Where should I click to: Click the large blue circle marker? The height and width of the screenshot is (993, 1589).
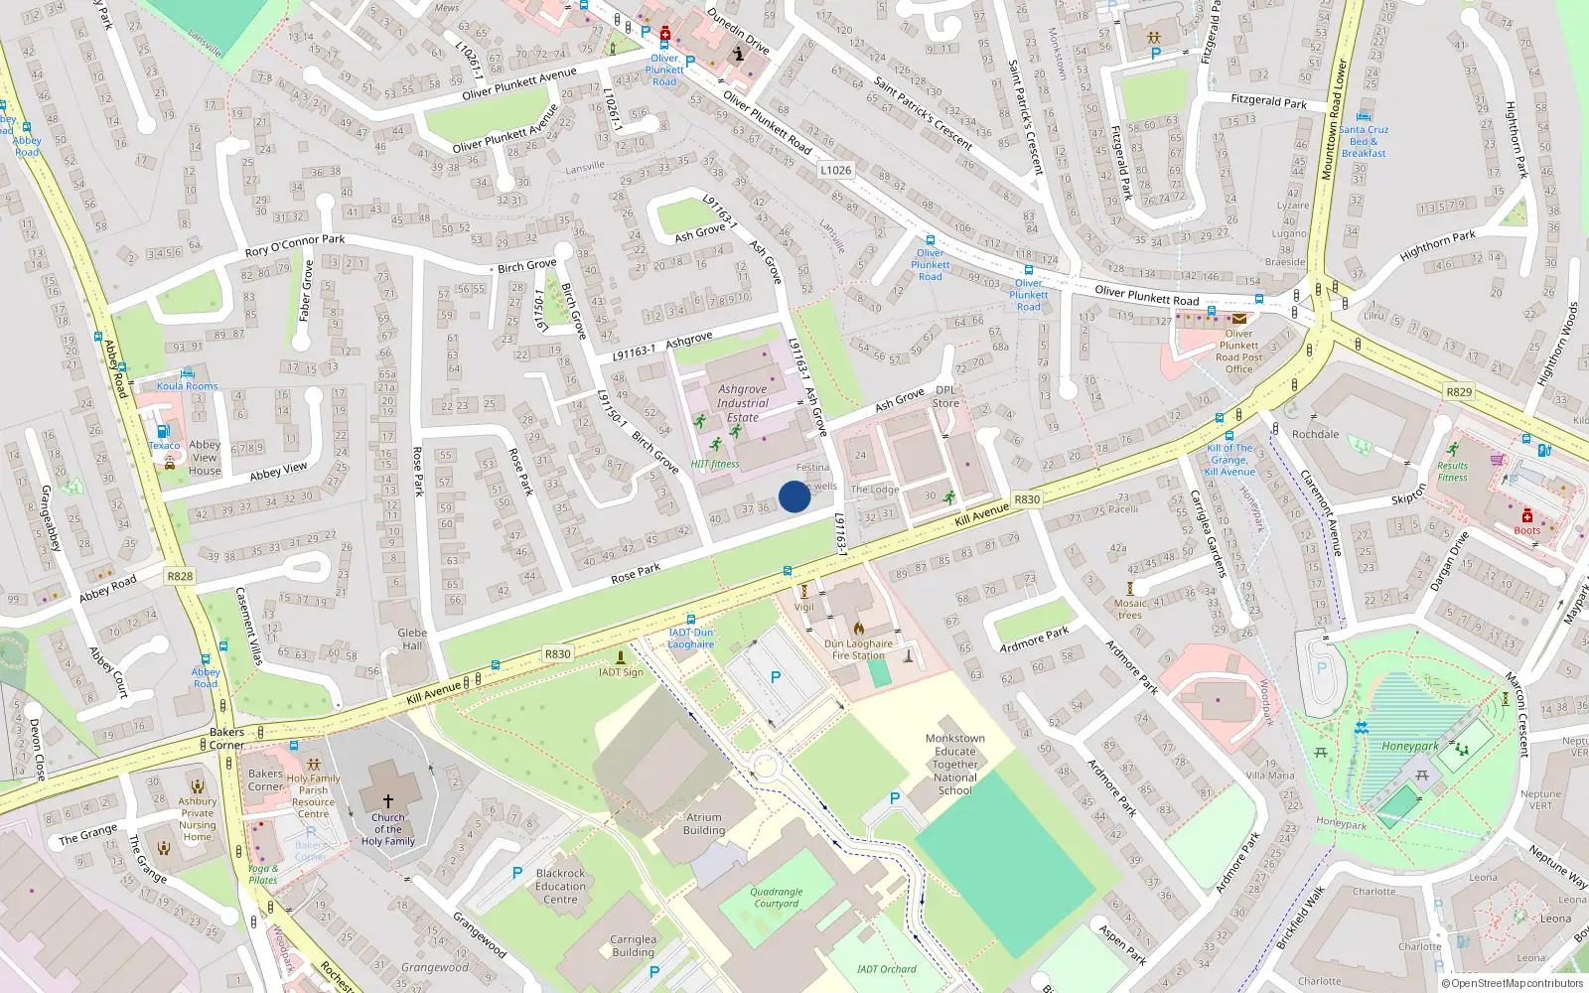[x=794, y=496]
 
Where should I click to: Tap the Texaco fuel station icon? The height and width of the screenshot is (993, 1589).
[x=164, y=431]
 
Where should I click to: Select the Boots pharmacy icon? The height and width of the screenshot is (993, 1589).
[x=1527, y=515]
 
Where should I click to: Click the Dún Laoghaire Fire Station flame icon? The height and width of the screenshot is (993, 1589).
[x=858, y=628]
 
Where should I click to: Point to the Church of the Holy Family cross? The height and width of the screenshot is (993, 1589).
[x=388, y=799]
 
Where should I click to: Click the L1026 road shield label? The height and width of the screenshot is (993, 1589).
[x=835, y=170]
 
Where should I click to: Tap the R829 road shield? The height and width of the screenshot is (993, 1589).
[x=1459, y=391]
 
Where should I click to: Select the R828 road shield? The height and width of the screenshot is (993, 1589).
[x=180, y=576]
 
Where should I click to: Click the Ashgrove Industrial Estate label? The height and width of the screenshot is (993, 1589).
[x=743, y=403]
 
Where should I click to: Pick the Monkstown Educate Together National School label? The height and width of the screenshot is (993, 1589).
[x=955, y=765]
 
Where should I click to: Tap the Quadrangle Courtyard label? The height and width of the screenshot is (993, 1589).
[x=776, y=898]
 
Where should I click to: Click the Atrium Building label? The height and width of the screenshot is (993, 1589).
[x=704, y=824]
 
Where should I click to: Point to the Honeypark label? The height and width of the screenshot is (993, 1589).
[x=1410, y=746]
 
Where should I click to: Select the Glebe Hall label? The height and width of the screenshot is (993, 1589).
[x=412, y=638]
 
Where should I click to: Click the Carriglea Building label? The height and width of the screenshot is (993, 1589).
[x=633, y=945]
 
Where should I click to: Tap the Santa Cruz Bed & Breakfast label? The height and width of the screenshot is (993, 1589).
[x=1364, y=141]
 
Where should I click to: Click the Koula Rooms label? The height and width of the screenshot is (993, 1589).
[x=187, y=386]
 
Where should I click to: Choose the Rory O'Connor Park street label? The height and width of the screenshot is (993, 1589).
[x=295, y=245]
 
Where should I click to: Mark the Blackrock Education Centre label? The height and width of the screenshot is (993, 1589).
[x=560, y=887]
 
